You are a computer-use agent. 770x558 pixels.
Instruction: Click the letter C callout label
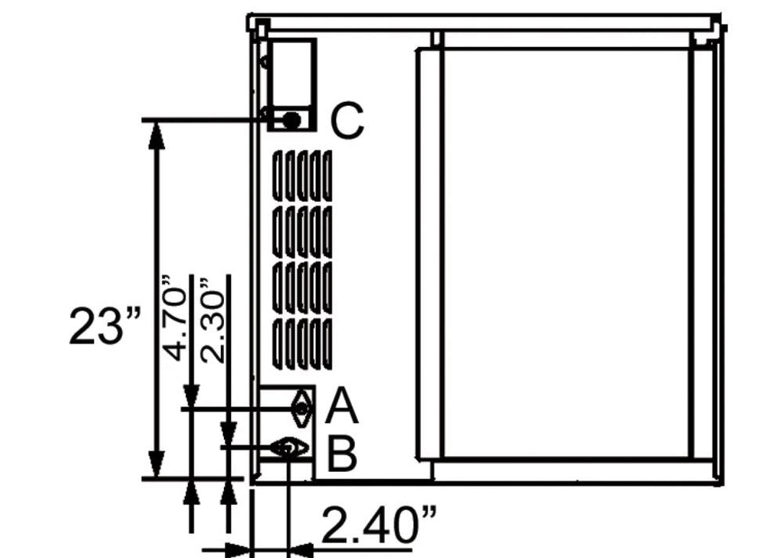tap(348, 120)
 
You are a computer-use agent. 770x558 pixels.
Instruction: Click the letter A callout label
tap(342, 406)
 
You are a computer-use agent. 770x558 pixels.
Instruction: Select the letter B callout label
tap(342, 454)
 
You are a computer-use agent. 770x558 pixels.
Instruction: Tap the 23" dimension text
tap(105, 326)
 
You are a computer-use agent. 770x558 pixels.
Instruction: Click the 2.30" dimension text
tap(212, 320)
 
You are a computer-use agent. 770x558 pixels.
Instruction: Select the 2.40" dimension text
tap(379, 524)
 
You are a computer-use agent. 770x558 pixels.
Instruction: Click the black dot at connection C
tap(293, 120)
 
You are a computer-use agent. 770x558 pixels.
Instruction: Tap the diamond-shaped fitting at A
tap(301, 408)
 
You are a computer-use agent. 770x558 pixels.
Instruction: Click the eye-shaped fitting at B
tap(289, 447)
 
